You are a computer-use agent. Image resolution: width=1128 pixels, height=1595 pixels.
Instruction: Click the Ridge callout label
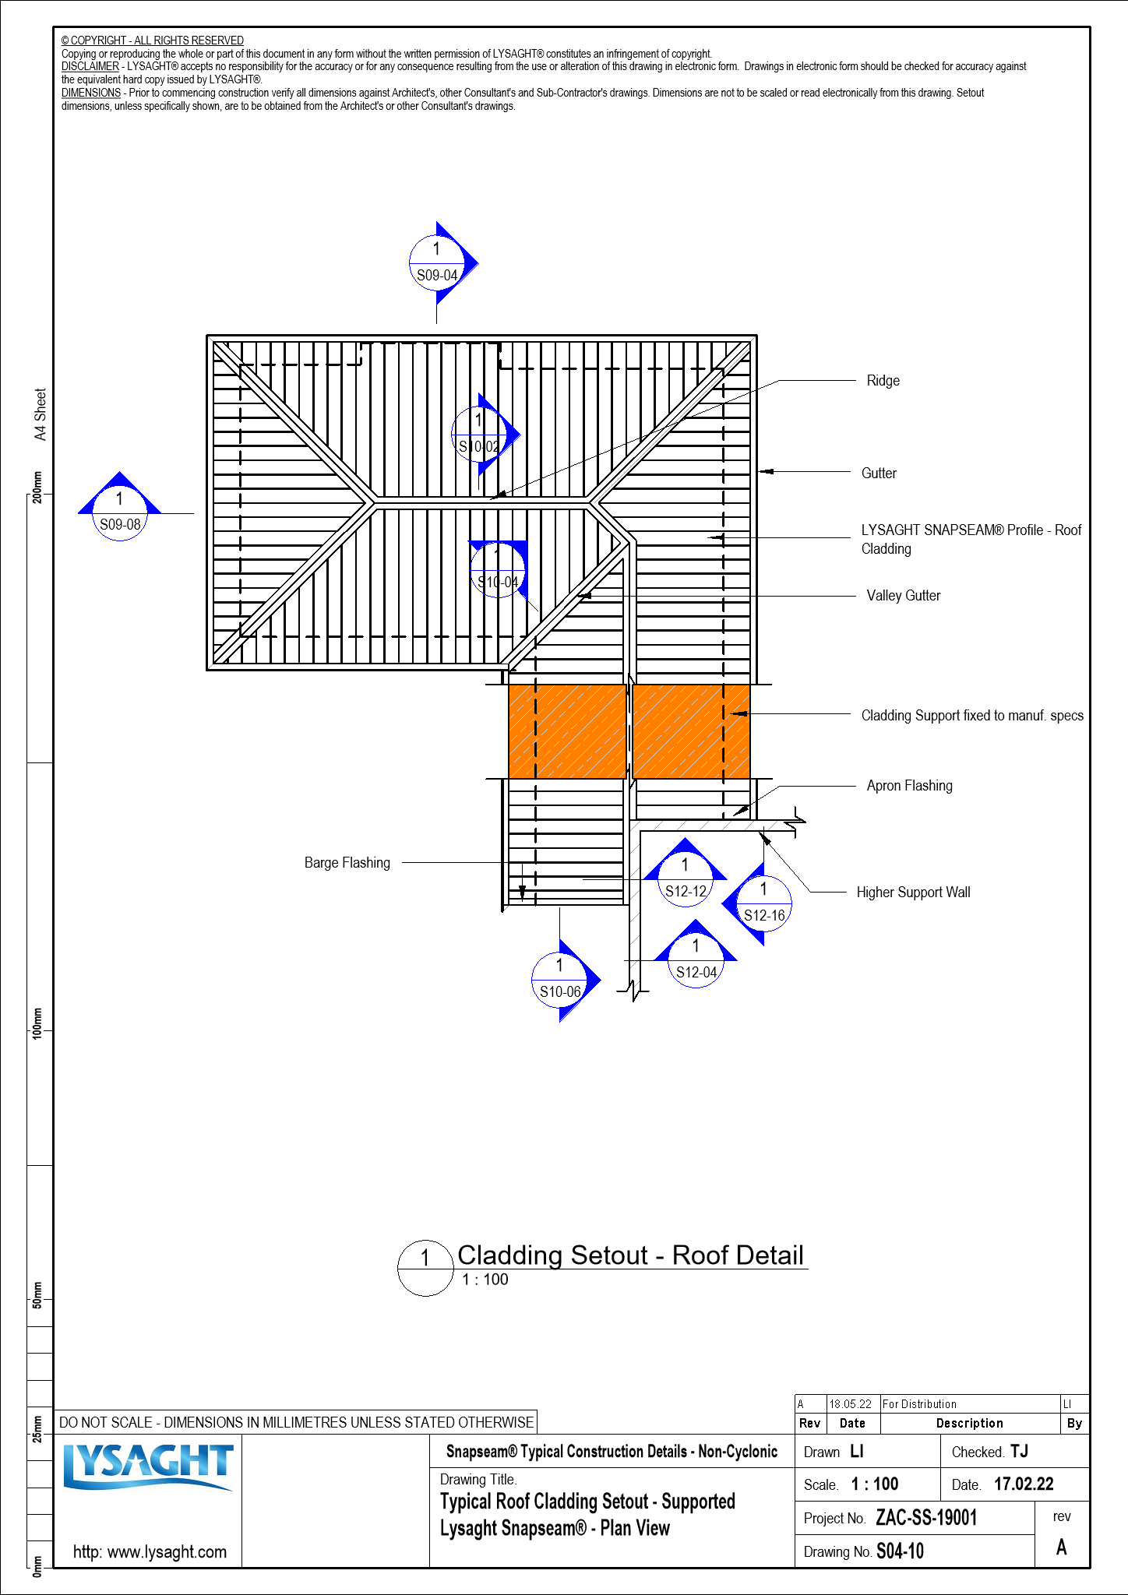pyautogui.click(x=883, y=381)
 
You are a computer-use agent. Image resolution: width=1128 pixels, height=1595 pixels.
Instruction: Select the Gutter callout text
pyautogui.click(x=879, y=474)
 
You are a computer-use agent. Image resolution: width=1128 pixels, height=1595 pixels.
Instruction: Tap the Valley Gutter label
pyautogui.click(x=903, y=596)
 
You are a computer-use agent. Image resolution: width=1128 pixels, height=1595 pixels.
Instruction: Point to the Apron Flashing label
pyautogui.click(x=909, y=786)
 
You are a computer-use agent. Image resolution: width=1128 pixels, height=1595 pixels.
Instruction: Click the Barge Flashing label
pyautogui.click(x=347, y=863)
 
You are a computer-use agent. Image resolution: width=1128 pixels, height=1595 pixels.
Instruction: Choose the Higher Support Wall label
pyautogui.click(x=913, y=893)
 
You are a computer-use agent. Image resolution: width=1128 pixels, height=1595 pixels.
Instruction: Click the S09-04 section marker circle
pyautogui.click(x=436, y=263)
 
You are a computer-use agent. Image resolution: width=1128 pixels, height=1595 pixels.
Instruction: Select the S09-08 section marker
pyautogui.click(x=120, y=512)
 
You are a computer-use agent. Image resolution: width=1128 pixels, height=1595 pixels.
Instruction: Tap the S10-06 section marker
pyautogui.click(x=560, y=980)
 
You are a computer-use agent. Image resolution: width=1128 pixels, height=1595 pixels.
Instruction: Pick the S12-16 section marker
pyautogui.click(x=764, y=903)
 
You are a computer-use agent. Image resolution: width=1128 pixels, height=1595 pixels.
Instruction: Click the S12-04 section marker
pyautogui.click(x=696, y=960)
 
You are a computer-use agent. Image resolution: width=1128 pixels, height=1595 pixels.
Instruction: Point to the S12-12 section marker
pyautogui.click(x=686, y=879)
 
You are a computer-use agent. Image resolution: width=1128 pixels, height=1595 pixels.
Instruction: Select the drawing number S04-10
pyautogui.click(x=900, y=1551)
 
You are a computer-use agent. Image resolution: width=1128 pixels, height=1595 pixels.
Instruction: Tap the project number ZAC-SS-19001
pyautogui.click(x=926, y=1518)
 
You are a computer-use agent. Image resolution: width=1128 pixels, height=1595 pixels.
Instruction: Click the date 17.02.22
pyautogui.click(x=1024, y=1484)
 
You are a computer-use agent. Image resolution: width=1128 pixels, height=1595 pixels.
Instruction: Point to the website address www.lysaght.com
pyautogui.click(x=150, y=1551)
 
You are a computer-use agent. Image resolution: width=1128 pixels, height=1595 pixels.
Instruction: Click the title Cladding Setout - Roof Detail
pyautogui.click(x=630, y=1255)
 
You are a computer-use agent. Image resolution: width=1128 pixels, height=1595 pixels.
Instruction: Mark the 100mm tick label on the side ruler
pyautogui.click(x=37, y=1022)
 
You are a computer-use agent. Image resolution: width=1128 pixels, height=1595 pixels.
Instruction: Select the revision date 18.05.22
pyautogui.click(x=850, y=1404)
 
